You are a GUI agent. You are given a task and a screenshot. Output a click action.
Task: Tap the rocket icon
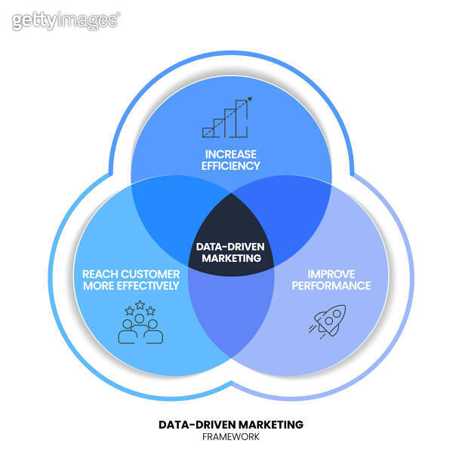[327, 320]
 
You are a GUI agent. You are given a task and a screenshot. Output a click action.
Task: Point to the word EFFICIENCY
[231, 165]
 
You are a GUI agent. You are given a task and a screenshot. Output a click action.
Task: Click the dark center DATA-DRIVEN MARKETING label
[231, 251]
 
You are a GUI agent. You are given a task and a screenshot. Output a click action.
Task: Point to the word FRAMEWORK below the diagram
[231, 437]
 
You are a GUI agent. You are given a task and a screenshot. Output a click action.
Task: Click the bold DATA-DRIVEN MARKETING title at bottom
[231, 424]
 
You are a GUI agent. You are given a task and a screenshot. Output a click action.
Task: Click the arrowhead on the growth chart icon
[249, 98]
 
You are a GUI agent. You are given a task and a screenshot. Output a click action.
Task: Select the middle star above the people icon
[140, 305]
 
